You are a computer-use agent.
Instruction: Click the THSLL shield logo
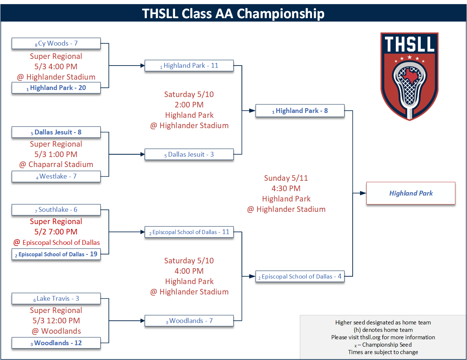409,76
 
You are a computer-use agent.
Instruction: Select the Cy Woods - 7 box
56,43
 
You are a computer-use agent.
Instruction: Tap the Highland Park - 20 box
56,88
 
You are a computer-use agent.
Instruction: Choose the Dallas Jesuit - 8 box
56,132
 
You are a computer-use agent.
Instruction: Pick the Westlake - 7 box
56,176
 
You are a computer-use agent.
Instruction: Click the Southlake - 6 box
56,210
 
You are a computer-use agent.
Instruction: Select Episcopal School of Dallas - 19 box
56,254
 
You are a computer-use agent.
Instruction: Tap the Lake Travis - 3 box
56,299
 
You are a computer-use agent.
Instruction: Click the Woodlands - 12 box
56,343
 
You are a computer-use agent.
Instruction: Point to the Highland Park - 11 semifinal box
189,66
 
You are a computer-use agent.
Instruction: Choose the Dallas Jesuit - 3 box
189,154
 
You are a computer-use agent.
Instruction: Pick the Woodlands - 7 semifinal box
189,321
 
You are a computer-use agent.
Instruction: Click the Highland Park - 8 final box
300,111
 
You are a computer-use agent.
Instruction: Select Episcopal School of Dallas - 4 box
300,276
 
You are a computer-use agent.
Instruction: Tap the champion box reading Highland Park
411,193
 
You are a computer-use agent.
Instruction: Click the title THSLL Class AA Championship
233,13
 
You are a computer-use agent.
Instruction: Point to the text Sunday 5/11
286,178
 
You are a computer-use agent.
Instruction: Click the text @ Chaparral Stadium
56,164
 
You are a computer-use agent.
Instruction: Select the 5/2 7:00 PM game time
56,232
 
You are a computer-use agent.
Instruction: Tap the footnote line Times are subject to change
383,352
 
